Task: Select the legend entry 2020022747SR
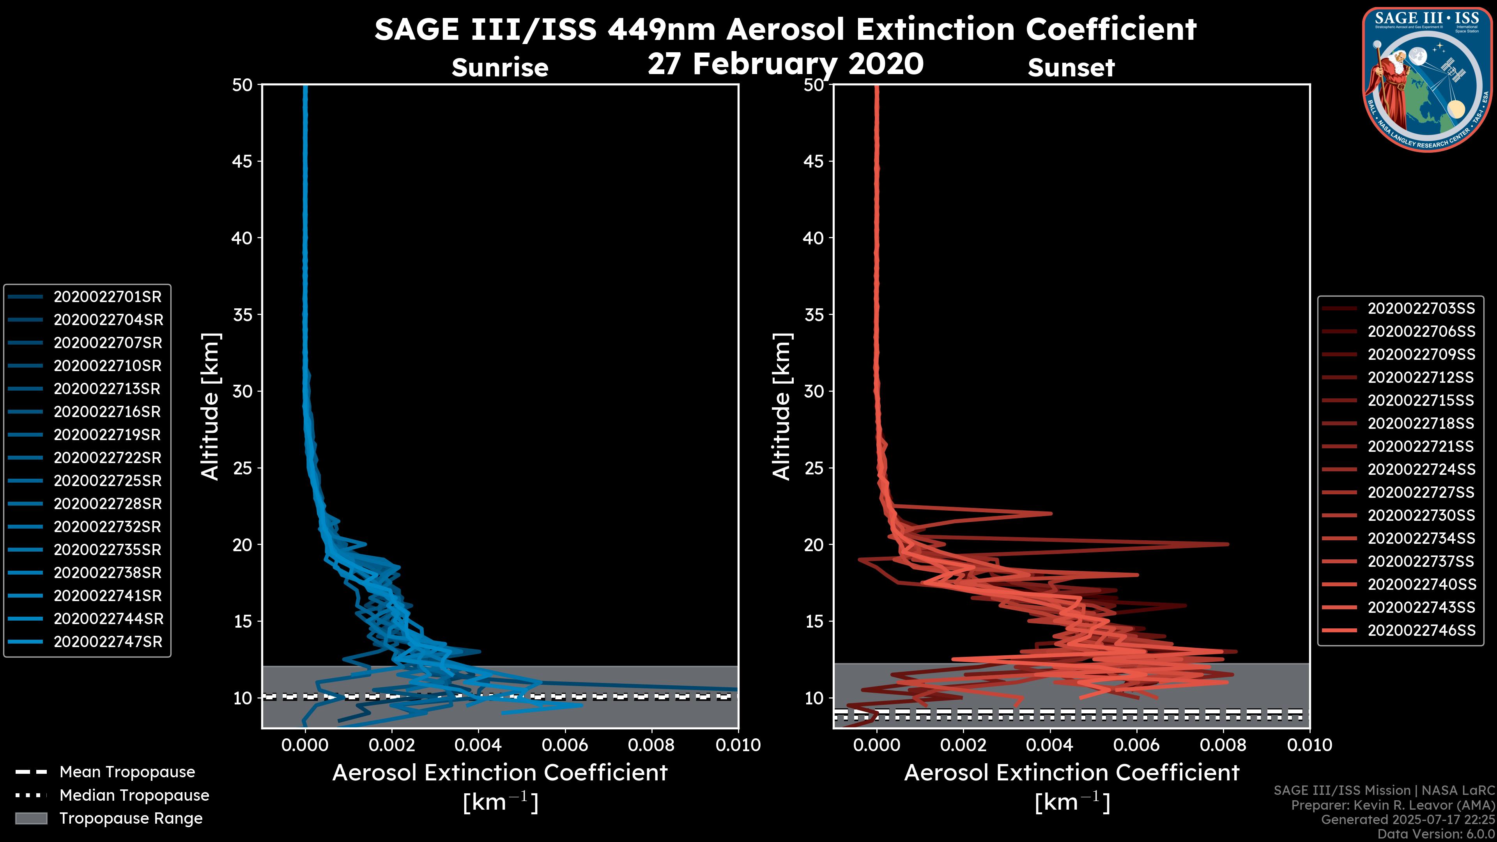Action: pyautogui.click(x=108, y=642)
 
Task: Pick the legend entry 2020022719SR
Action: pyautogui.click(x=108, y=435)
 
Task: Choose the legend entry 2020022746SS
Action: pyautogui.click(x=1421, y=630)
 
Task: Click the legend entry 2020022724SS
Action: pyautogui.click(x=1421, y=469)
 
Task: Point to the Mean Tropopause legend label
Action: pyautogui.click(x=127, y=772)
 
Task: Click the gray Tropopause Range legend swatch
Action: pyautogui.click(x=31, y=818)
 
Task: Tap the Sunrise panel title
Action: pyautogui.click(x=500, y=67)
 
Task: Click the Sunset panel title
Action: pyautogui.click(x=1071, y=67)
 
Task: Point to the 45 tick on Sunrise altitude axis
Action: pyautogui.click(x=242, y=161)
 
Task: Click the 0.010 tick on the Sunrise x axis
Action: pyautogui.click(x=738, y=745)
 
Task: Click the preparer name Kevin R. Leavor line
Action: pyautogui.click(x=1393, y=805)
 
